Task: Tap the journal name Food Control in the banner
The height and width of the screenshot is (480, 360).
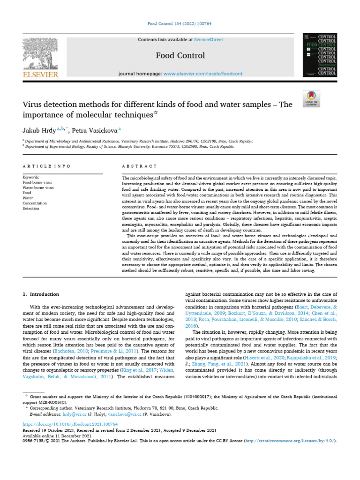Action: [x=180, y=56]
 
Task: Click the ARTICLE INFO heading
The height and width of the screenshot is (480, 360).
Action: [x=46, y=166]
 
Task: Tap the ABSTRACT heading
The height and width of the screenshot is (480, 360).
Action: [x=139, y=166]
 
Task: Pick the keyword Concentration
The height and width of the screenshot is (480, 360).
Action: [x=35, y=203]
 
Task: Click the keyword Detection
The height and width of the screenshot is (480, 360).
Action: [x=31, y=208]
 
